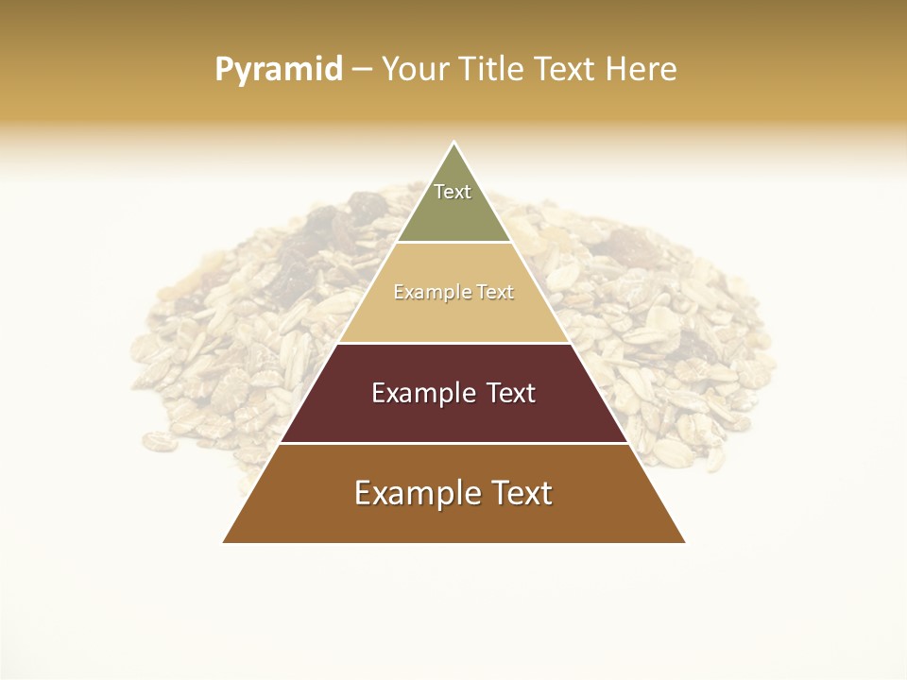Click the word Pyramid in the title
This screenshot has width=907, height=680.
coord(278,69)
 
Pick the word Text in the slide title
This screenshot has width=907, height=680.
coord(568,69)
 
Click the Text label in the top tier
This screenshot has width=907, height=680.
coord(453,192)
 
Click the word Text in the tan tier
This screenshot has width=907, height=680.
coord(496,293)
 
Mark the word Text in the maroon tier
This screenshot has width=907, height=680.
coord(510,393)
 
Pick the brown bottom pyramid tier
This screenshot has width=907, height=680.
coord(453,519)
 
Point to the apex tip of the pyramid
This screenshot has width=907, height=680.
coord(453,144)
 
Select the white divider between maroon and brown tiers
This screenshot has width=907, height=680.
coord(453,443)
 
